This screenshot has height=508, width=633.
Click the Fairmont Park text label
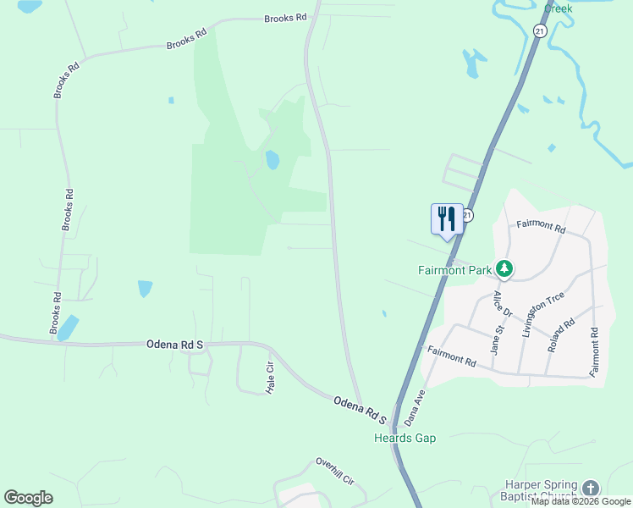pyautogui.click(x=455, y=271)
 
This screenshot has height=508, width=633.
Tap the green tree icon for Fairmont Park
pyautogui.click(x=504, y=269)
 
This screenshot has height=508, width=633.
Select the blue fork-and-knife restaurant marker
pyautogui.click(x=447, y=220)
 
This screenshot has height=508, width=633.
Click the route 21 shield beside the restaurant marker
pyautogui.click(x=467, y=216)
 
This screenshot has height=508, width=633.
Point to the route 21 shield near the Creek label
pyautogui.click(x=539, y=30)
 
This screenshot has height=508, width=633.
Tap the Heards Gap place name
pyautogui.click(x=405, y=438)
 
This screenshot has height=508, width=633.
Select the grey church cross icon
pyautogui.click(x=590, y=489)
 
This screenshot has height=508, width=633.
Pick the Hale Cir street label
pyautogui.click(x=271, y=378)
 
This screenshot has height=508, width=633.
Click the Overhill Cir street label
pyautogui.click(x=335, y=472)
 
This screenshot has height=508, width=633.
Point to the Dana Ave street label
pyautogui.click(x=413, y=407)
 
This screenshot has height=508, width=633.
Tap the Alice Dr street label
pyautogui.click(x=504, y=304)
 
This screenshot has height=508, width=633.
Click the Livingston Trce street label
pyautogui.click(x=531, y=313)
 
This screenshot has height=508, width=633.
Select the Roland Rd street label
pyautogui.click(x=561, y=334)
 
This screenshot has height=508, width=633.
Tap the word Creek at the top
pyautogui.click(x=559, y=8)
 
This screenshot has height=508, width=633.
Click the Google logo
pyautogui.click(x=28, y=498)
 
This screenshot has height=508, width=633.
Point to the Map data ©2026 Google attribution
pyautogui.click(x=581, y=502)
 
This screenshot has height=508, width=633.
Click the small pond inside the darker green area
pyautogui.click(x=272, y=160)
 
